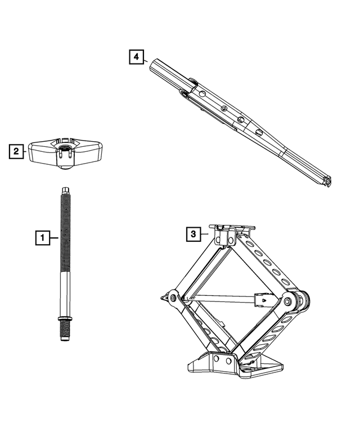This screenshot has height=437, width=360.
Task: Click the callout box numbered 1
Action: coord(40,238)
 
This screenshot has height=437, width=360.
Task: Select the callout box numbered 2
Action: coord(16,151)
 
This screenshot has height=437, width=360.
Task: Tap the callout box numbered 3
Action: coord(192,233)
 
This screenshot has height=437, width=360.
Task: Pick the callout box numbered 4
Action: coord(136,57)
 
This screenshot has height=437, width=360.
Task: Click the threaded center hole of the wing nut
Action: coord(64,148)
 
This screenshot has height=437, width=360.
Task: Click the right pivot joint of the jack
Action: coord(289,302)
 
